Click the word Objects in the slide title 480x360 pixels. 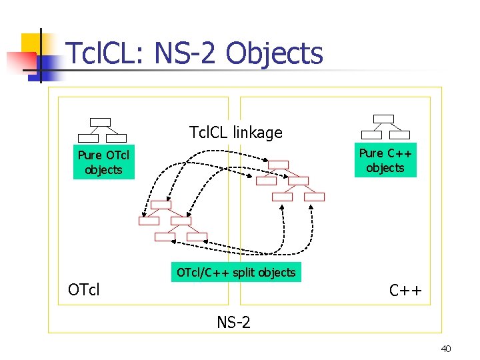click(x=275, y=54)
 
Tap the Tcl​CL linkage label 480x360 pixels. click(x=235, y=133)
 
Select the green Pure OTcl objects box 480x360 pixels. click(x=103, y=163)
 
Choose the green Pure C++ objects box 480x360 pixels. click(x=385, y=161)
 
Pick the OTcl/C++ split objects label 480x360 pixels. click(x=236, y=272)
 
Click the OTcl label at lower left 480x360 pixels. click(x=84, y=290)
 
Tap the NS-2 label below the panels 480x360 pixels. click(x=233, y=323)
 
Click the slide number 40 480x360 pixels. click(x=446, y=349)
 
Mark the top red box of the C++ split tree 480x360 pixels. click(x=278, y=165)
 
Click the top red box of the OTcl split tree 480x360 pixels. click(x=161, y=205)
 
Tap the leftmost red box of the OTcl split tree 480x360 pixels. click(x=149, y=221)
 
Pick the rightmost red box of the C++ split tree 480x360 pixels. click(x=314, y=197)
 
